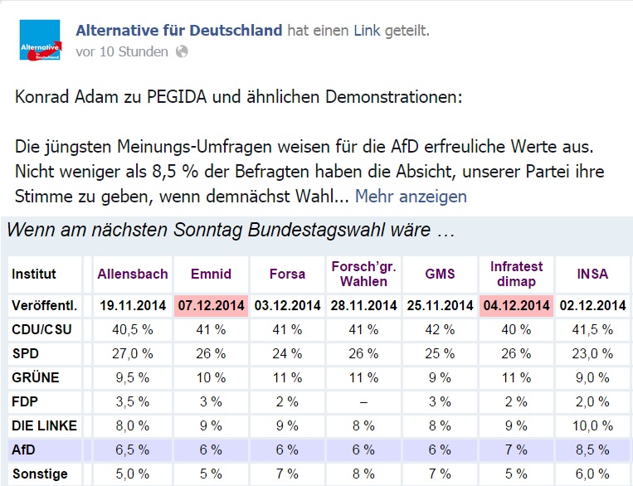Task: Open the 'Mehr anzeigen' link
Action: coord(411,197)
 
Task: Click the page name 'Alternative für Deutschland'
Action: coord(179,31)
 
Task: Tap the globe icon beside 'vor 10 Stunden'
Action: coord(182,51)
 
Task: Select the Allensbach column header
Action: coord(133,274)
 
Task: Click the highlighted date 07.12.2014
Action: coord(211,305)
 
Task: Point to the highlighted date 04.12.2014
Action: coord(515,305)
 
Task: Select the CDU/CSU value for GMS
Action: coord(439,329)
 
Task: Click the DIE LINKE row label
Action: coord(45,425)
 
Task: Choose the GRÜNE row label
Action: coord(36,377)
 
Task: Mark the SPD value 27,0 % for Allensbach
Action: coord(133,353)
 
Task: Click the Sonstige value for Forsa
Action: coord(287,474)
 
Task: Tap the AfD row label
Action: coord(25,450)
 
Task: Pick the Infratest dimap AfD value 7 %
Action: coord(515,450)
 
